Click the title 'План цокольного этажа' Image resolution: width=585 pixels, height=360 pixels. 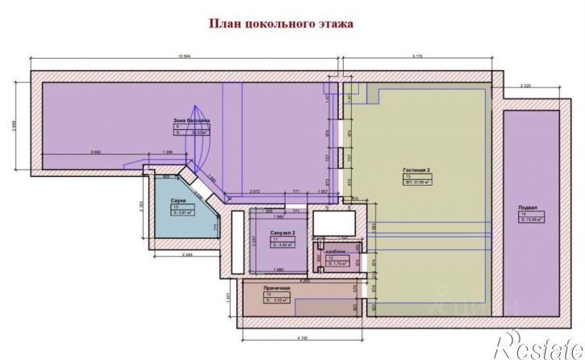click(293, 24)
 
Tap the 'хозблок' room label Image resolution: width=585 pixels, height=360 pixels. click(335, 252)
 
